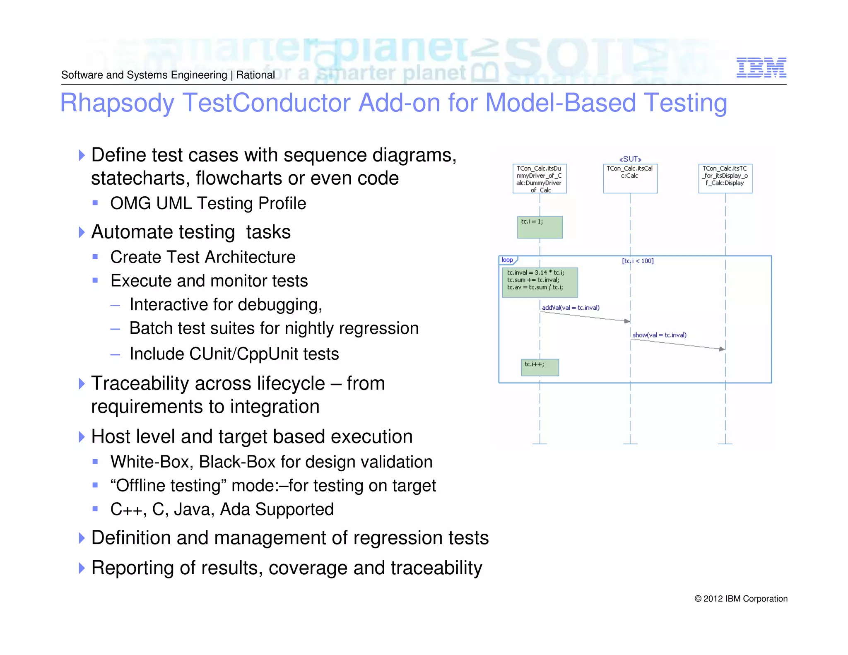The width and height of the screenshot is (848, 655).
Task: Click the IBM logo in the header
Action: [x=761, y=67]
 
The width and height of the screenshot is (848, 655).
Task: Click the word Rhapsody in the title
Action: [x=117, y=103]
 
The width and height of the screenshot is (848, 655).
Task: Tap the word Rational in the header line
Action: [x=255, y=75]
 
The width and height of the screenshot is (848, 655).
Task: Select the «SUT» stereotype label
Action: [x=630, y=159]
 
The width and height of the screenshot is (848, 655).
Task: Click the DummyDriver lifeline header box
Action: [x=540, y=179]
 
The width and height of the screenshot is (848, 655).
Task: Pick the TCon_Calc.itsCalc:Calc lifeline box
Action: [x=630, y=179]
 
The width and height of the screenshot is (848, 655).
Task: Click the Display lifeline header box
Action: [x=725, y=179]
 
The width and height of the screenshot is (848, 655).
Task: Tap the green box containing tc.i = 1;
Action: [x=540, y=227]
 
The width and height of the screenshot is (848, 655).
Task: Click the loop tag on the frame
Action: [x=507, y=260]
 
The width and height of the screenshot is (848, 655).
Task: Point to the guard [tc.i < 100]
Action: [x=638, y=261]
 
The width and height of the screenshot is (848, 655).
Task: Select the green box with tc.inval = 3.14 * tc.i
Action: [x=540, y=282]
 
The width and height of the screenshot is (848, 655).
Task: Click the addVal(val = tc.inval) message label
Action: [x=571, y=308]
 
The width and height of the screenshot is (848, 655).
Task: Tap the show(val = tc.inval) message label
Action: [x=659, y=335]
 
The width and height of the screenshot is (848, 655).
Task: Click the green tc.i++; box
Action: [x=540, y=367]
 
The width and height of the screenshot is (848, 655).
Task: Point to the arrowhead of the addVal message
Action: [x=627, y=321]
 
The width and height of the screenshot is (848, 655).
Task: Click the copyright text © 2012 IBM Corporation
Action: [x=741, y=599]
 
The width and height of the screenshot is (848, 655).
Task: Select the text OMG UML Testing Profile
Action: [x=208, y=203]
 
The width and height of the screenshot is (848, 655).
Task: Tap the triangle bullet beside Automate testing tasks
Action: [x=82, y=232]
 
